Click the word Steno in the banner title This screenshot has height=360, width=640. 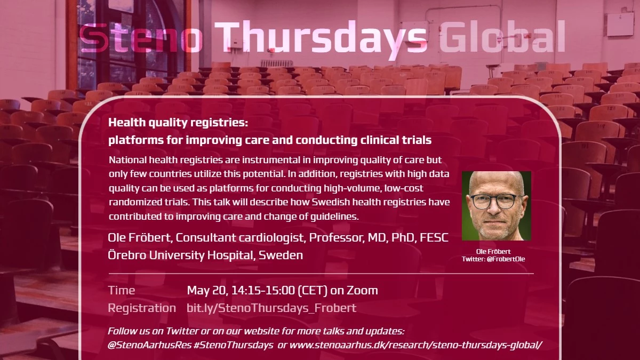(x=141, y=38)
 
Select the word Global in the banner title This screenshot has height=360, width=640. (x=502, y=36)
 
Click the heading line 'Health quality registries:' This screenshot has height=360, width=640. (x=178, y=123)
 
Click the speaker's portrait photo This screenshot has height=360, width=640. (x=497, y=206)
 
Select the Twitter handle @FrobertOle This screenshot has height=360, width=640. (x=506, y=259)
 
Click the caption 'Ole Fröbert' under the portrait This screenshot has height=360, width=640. (x=493, y=251)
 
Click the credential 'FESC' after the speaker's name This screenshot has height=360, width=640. (x=434, y=238)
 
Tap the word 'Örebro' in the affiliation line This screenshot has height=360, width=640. (x=127, y=255)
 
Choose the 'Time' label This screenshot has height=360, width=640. (x=122, y=291)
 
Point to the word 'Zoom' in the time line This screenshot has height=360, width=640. (x=362, y=291)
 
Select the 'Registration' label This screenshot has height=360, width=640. (x=142, y=308)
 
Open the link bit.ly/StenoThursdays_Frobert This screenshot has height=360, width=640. (x=271, y=308)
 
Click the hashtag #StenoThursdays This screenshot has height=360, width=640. (x=233, y=345)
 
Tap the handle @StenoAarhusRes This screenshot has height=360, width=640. (x=149, y=345)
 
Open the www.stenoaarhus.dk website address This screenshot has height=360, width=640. (x=415, y=345)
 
